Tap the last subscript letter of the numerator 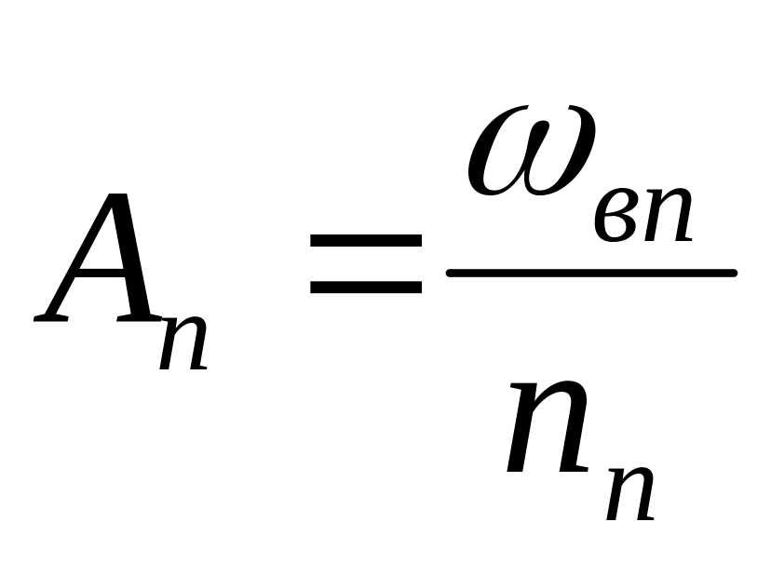tap(665, 220)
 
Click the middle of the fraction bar tap(591, 274)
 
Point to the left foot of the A tap(51, 318)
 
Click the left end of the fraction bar tap(451, 274)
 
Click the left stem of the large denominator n tap(523, 437)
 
